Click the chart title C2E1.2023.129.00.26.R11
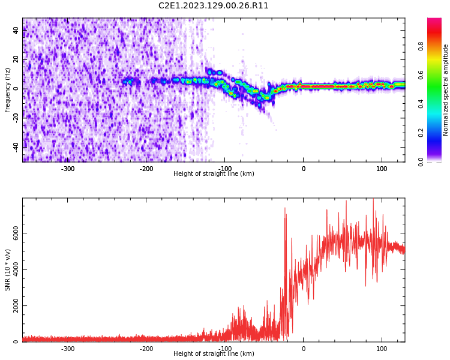(x=214, y=6)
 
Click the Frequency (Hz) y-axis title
(x=8, y=89)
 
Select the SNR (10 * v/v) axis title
(x=8, y=269)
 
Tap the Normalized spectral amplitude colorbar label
(x=446, y=89)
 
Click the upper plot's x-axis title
(x=214, y=174)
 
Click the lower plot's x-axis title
(x=214, y=354)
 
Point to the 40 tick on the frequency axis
(x=16, y=31)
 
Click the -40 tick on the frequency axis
(x=15, y=146)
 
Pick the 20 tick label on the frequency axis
(x=16, y=59)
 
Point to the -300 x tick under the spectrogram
(x=68, y=169)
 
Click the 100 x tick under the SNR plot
(x=382, y=349)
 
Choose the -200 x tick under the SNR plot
(x=146, y=349)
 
